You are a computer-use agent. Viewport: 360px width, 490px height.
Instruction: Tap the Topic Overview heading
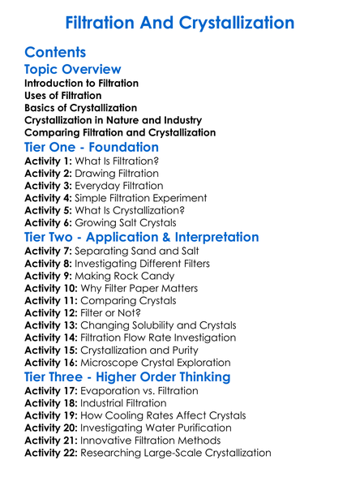(73, 70)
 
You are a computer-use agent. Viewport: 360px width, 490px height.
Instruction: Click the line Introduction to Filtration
(81, 84)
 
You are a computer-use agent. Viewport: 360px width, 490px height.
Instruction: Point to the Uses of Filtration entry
(63, 96)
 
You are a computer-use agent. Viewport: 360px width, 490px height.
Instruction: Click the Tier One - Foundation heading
(92, 148)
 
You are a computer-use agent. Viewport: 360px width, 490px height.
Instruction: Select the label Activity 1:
(49, 161)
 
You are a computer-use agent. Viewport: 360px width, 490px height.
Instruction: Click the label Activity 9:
(49, 276)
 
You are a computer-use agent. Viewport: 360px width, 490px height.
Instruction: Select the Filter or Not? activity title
(122, 312)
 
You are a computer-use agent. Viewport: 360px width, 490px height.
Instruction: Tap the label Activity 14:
(53, 337)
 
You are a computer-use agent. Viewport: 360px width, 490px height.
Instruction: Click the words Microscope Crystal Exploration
(166, 362)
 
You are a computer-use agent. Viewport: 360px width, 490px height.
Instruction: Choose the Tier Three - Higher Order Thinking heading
(127, 377)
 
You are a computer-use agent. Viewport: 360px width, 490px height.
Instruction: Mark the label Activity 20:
(53, 428)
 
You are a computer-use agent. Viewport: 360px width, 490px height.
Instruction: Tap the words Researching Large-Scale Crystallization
(176, 452)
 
